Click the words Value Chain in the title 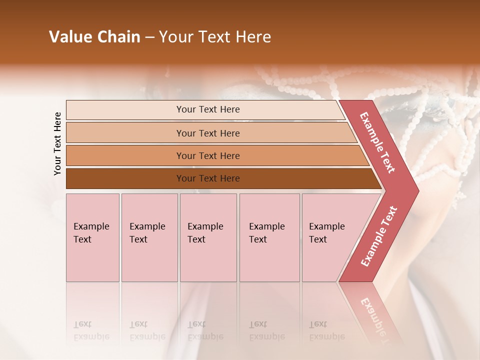coord(94,37)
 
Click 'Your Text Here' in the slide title coord(215,37)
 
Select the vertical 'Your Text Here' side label coord(57,143)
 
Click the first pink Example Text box coord(92,237)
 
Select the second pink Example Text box coord(149,237)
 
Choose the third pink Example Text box coord(208,237)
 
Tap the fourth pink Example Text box coord(269,237)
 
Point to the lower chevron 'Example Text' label coord(378,236)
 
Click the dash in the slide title coord(149,37)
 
